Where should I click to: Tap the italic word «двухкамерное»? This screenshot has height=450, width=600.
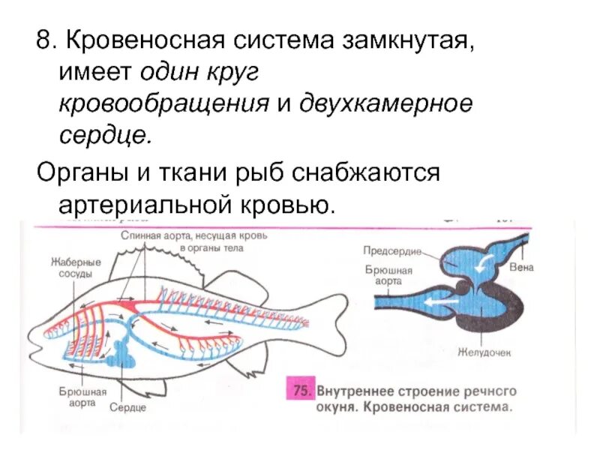coord(387,103)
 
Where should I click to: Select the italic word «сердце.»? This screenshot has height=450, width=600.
coord(106,136)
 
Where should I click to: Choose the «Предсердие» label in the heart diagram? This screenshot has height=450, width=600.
coord(391,250)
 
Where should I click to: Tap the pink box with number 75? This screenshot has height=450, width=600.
coord(301,391)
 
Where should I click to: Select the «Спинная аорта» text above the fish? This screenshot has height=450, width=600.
coord(158,235)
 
